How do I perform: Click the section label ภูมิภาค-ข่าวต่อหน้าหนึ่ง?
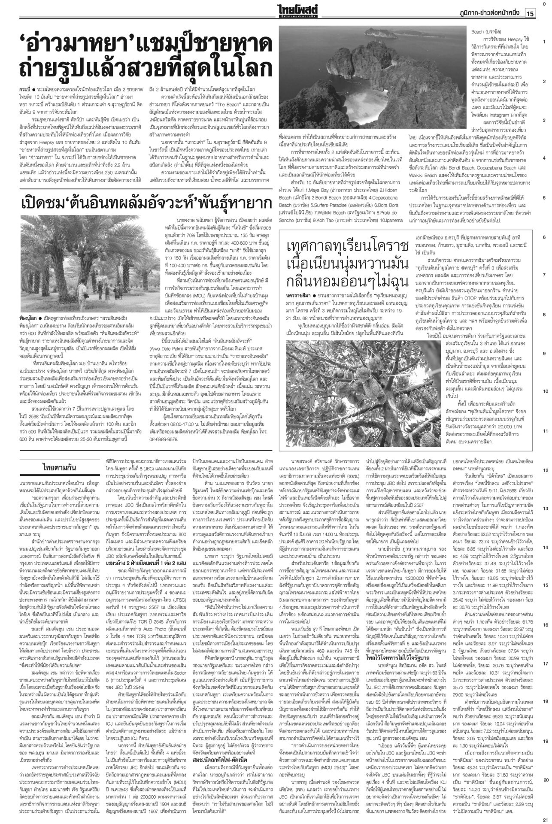[x=489, y=14]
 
